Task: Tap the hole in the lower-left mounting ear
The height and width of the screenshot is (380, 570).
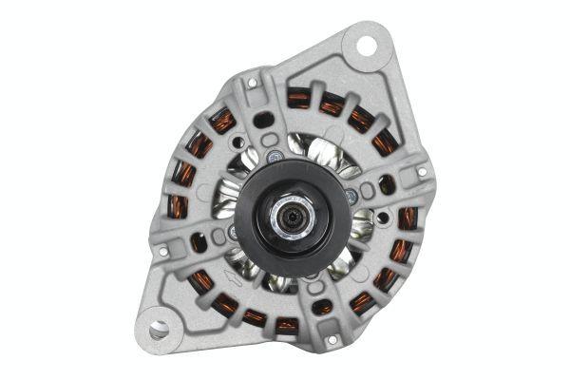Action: (x=158, y=329)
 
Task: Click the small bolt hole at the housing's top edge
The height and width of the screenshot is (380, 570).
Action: (x=252, y=83)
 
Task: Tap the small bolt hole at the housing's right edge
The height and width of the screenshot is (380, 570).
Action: (x=422, y=173)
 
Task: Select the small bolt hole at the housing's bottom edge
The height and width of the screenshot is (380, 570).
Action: (x=331, y=339)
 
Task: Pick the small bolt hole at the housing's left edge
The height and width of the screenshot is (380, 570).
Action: (x=162, y=252)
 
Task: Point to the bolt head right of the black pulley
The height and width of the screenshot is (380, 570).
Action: (x=351, y=195)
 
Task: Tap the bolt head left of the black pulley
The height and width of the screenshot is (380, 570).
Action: (x=233, y=231)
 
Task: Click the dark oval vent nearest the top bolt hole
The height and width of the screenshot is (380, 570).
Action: (x=265, y=119)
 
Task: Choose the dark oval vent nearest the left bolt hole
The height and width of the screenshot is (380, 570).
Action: (x=198, y=241)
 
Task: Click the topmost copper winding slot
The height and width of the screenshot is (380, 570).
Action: (x=298, y=97)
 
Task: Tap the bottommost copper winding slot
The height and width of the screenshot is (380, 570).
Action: (x=286, y=326)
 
